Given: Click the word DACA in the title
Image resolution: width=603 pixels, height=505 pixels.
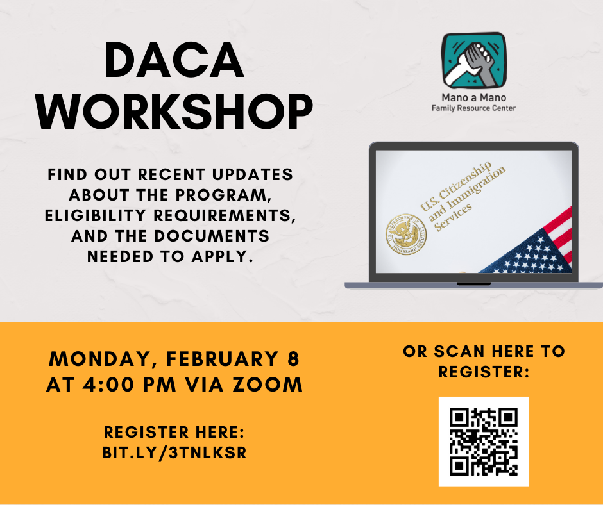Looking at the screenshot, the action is coord(174,60).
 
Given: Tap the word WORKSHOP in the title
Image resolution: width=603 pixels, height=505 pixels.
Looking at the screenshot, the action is coord(174,112).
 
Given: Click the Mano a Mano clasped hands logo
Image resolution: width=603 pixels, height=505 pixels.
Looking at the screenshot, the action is coord(474,61).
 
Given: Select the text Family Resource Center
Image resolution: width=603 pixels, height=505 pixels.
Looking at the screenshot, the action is coord(474,108).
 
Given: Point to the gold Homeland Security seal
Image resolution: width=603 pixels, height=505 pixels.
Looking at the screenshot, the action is coord(406,235).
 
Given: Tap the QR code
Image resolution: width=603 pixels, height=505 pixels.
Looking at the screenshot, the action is coord(484,442).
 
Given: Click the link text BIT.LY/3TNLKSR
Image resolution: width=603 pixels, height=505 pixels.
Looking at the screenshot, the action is coord(174,452).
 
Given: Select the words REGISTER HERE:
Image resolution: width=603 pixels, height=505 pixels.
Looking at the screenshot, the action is coord(174,432).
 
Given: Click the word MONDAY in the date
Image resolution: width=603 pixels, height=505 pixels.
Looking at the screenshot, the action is coord(100,360).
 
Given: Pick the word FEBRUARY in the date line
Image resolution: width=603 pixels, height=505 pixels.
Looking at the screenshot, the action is coord(222,359).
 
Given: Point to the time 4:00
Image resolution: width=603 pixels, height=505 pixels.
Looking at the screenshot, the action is coord(109,385).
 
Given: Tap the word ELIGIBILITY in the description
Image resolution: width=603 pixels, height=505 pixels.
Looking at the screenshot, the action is coord(96,215).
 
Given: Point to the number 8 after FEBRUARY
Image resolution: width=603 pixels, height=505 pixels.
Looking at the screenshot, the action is coord(293,359).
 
